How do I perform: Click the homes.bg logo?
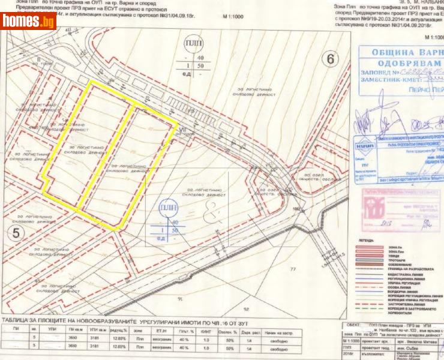(x=28, y=22)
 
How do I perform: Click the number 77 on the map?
(x=293, y=269)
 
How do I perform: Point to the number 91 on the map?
(x=179, y=297)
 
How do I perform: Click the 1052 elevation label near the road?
(x=297, y=208)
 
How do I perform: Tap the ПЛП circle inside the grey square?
(x=168, y=209)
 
